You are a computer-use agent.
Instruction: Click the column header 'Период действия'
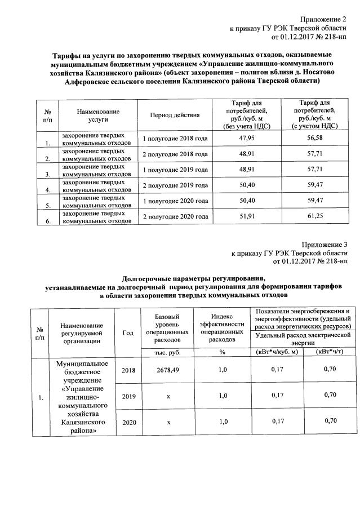pyautogui.click(x=175, y=115)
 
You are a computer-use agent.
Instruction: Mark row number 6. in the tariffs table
pyautogui.click(x=48, y=221)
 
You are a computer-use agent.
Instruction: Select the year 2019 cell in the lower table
pyautogui.click(x=129, y=396)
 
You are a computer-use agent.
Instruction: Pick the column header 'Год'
pyautogui.click(x=128, y=332)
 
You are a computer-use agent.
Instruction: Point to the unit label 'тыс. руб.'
pyautogui.click(x=167, y=352)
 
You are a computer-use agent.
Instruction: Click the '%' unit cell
pyautogui.click(x=222, y=352)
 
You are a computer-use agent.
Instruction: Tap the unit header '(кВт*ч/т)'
pyautogui.click(x=330, y=352)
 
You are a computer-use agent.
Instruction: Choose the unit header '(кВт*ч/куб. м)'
pyautogui.click(x=276, y=352)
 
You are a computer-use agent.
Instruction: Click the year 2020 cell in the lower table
pyautogui.click(x=129, y=422)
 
